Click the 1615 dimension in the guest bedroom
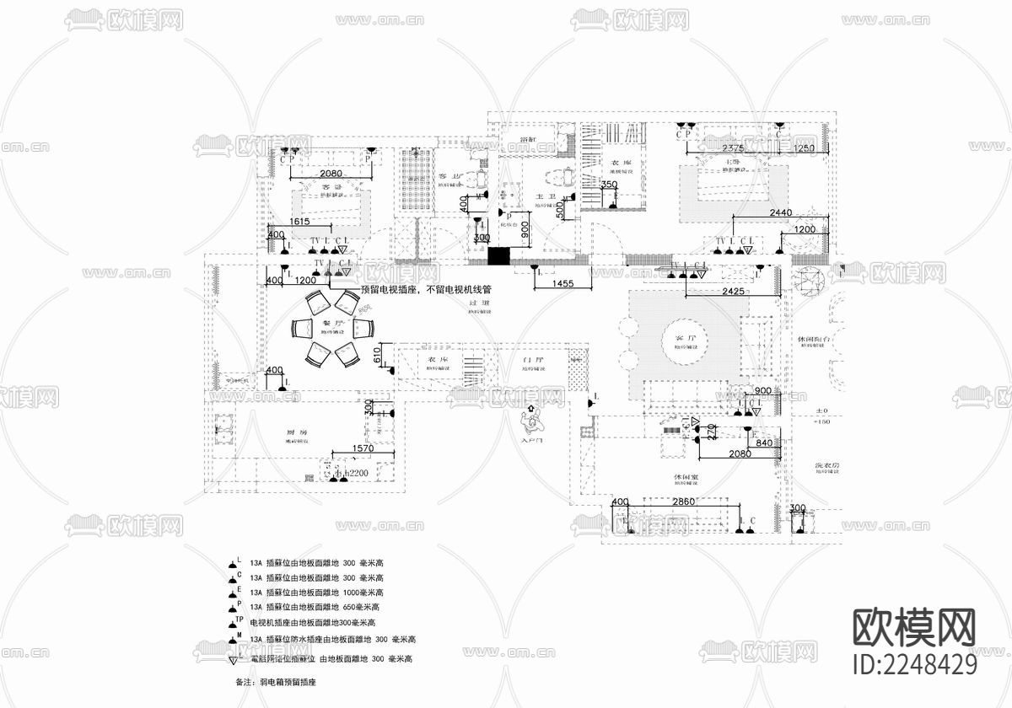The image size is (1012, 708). (x=301, y=222)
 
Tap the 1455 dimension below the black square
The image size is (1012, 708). (x=557, y=285)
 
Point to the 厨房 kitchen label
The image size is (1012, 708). (x=295, y=432)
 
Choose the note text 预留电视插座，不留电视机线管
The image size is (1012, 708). (x=425, y=289)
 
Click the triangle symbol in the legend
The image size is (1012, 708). (x=232, y=659)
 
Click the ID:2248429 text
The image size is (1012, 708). (x=915, y=664)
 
